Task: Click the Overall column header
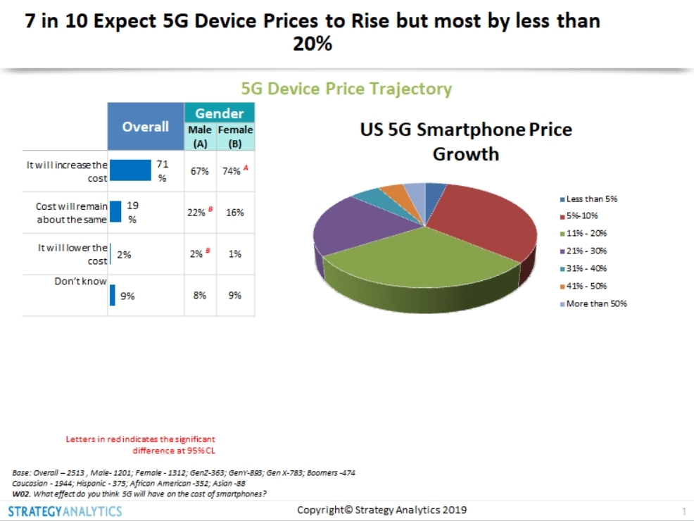[145, 127]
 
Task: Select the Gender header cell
[219, 113]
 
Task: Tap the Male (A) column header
[200, 136]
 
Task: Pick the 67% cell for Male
[200, 171]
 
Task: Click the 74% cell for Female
[234, 171]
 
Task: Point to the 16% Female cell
[235, 212]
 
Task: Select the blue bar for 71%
[131, 170]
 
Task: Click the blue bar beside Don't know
[112, 295]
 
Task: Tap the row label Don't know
[81, 282]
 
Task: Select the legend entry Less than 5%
[591, 199]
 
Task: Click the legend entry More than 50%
[596, 304]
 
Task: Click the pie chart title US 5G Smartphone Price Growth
[465, 142]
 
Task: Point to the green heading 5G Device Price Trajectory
[346, 89]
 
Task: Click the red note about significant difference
[141, 445]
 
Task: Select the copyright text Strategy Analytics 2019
[381, 510]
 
